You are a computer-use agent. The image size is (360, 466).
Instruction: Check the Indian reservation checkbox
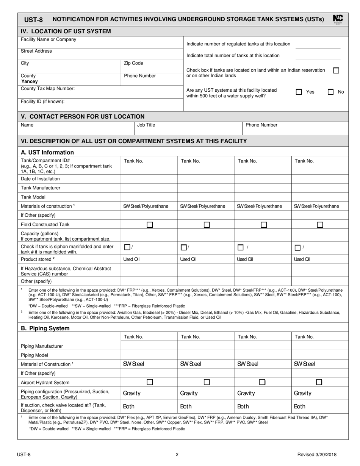tap(336, 70)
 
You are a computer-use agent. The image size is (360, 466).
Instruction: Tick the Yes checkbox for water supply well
tap(299, 92)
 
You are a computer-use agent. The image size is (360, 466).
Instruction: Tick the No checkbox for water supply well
tap(331, 92)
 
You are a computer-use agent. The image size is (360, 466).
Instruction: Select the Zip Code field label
tap(133, 63)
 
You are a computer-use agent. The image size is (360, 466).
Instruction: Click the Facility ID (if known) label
tap(42, 102)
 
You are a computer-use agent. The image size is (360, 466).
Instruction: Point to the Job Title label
tap(146, 125)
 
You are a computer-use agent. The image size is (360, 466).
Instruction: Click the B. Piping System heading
tap(45, 328)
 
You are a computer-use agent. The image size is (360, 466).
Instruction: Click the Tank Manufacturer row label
tap(41, 188)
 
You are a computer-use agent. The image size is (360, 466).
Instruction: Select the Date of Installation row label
tap(40, 179)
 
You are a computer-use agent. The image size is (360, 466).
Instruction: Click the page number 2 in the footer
tap(177, 455)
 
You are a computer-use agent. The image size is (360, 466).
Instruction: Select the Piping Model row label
tap(34, 355)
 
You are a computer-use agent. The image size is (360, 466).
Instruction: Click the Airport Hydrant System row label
tap(45, 382)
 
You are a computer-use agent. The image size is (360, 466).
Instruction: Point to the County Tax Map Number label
tap(48, 89)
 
